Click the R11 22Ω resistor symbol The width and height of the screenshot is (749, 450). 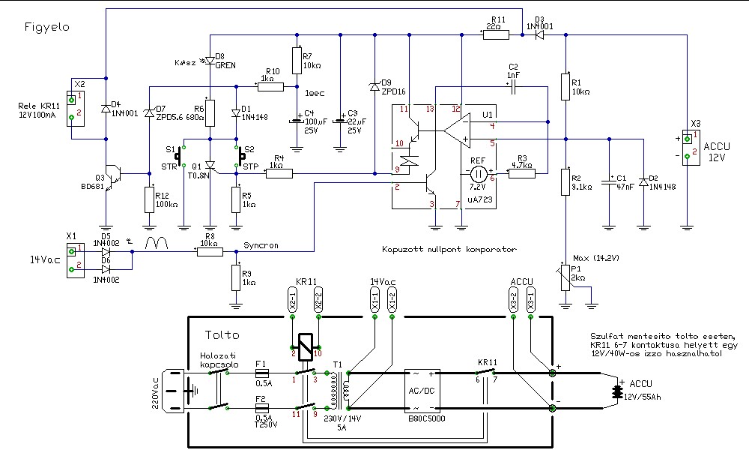pyautogui.click(x=494, y=34)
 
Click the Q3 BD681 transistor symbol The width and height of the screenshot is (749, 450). pyautogui.click(x=112, y=174)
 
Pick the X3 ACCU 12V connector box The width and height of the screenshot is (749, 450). pyautogui.click(x=695, y=143)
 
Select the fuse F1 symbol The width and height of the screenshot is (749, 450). pyautogui.click(x=262, y=372)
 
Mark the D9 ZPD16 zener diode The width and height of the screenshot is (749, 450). pyautogui.click(x=373, y=87)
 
